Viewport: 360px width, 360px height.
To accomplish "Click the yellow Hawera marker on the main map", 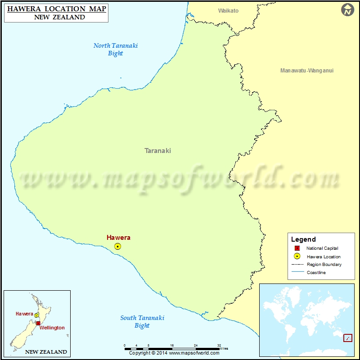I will click(117, 246).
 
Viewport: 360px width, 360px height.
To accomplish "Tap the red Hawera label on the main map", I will click(118, 238).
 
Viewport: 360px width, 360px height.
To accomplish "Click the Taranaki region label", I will click(157, 151).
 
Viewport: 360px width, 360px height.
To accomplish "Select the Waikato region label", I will click(228, 10).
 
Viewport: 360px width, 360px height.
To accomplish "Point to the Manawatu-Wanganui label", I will click(306, 71).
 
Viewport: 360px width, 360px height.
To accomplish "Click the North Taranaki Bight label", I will click(116, 49).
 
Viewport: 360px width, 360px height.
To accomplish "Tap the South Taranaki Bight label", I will click(142, 321).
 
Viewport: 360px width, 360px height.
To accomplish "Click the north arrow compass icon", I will click(347, 10).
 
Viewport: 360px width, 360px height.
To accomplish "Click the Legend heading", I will click(303, 239).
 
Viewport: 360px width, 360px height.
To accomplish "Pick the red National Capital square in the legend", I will click(297, 248).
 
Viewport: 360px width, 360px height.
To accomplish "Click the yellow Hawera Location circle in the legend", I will click(297, 256).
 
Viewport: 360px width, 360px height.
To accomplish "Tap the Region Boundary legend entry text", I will click(324, 265).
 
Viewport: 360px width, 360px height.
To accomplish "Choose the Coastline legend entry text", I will click(316, 273).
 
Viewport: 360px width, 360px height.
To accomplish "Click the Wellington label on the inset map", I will click(53, 328).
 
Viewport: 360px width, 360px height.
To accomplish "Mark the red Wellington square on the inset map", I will click(38, 323).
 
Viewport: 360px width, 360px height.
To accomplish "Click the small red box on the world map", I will click(347, 337).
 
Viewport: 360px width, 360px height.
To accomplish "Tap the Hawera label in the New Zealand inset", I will click(24, 314).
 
